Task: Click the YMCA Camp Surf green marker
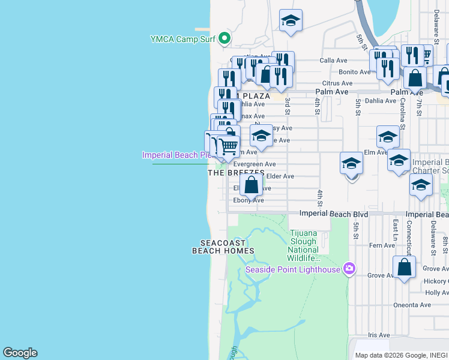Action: click(224, 39)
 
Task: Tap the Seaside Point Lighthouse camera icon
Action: click(348, 268)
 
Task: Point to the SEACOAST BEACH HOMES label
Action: click(223, 247)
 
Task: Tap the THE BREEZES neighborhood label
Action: click(236, 173)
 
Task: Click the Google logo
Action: click(20, 353)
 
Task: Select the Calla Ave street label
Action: click(334, 61)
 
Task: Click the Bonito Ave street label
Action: click(354, 72)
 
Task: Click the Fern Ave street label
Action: click(382, 245)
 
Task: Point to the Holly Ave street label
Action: click(436, 293)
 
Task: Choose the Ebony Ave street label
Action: click(249, 200)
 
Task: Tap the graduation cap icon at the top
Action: click(291, 21)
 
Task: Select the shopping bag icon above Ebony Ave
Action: click(252, 184)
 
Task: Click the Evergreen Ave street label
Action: click(254, 164)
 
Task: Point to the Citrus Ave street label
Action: click(337, 83)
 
